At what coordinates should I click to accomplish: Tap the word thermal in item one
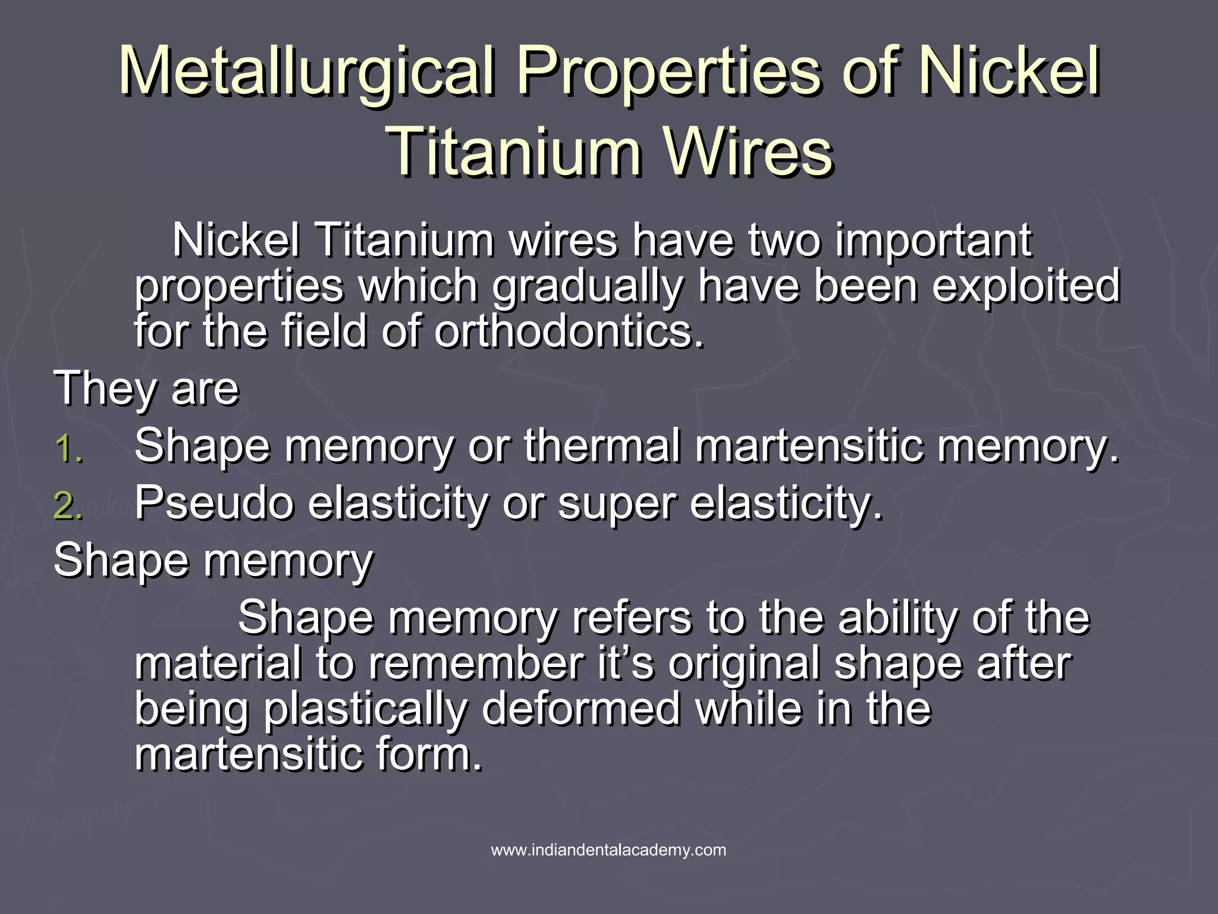pos(601,446)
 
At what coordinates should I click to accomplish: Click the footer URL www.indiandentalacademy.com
pos(608,850)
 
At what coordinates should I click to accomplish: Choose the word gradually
pos(587,286)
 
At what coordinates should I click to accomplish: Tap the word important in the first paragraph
pos(933,240)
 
